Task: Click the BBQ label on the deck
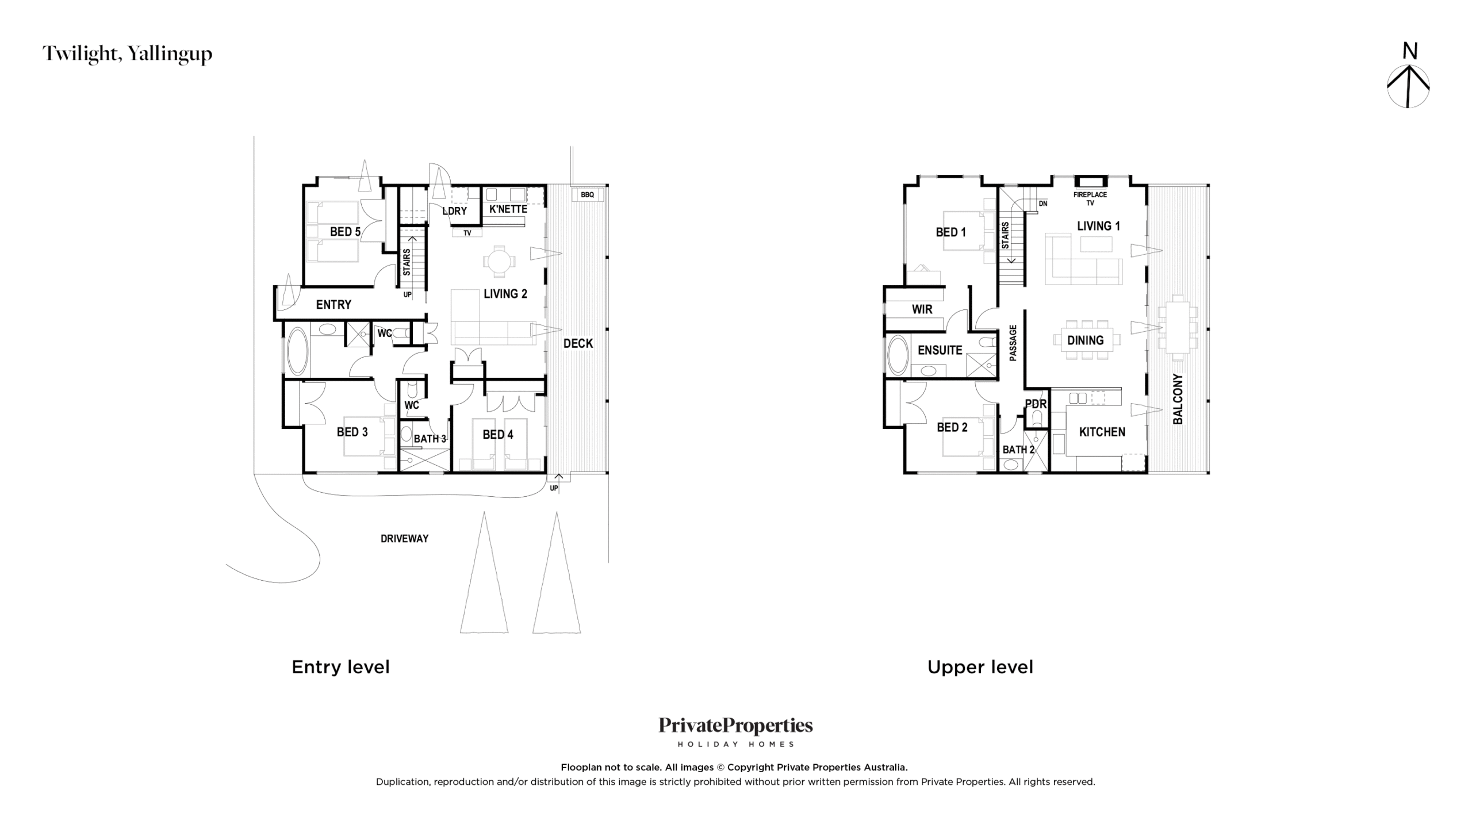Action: (x=587, y=195)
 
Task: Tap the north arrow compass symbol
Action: (x=1408, y=86)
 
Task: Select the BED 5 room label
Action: (x=345, y=232)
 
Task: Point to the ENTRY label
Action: (x=333, y=305)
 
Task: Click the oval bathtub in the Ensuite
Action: (x=898, y=356)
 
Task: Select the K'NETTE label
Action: (x=508, y=209)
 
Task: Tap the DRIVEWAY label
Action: (x=404, y=539)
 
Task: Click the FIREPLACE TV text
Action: (x=1090, y=198)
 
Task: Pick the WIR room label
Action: (x=922, y=309)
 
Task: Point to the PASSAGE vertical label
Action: (x=1013, y=343)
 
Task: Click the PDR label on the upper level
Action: (x=1036, y=404)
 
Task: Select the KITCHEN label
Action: (x=1102, y=432)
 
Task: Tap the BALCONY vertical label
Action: (x=1178, y=399)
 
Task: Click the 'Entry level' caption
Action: (x=340, y=667)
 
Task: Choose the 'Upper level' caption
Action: (x=980, y=667)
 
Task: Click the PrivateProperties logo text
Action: (x=735, y=726)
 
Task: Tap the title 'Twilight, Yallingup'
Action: (x=127, y=54)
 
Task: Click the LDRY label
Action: (x=454, y=211)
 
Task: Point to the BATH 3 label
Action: (x=430, y=439)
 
